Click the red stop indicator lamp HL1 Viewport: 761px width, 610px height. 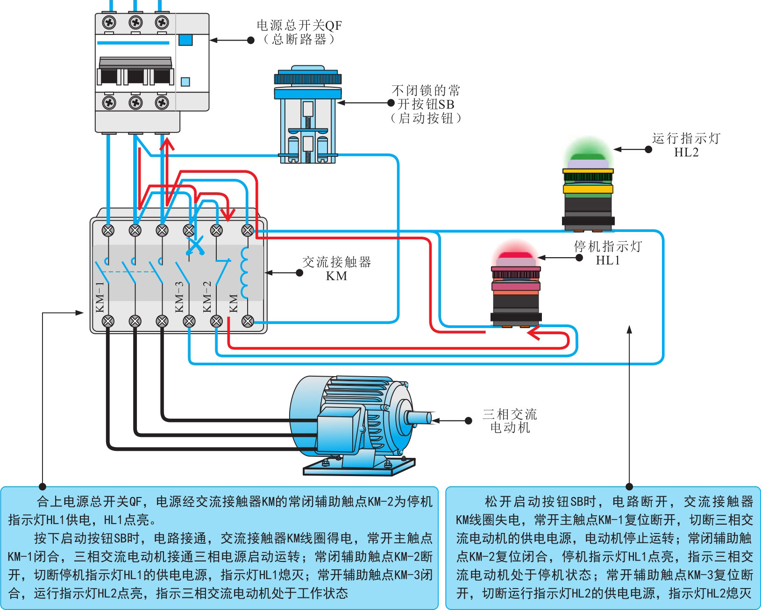coord(516,287)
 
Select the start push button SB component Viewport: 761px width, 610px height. coord(307,117)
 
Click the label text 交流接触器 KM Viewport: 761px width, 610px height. coord(336,269)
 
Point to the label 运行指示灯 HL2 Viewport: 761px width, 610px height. coord(686,145)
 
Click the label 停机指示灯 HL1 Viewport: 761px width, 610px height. coord(608,253)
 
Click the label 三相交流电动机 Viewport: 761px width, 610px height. coord(510,421)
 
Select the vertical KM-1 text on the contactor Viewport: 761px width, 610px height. coord(100,297)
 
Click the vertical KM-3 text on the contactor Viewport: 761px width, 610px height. coord(179,297)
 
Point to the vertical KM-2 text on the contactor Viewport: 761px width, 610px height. coord(207,297)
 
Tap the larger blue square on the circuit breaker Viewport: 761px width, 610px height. coord(185,40)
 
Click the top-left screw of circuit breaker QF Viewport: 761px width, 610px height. coord(109,22)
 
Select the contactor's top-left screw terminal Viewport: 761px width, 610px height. coord(108,230)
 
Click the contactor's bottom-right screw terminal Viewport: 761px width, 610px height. coord(248,321)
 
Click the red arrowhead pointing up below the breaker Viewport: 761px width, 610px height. coord(167,143)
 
